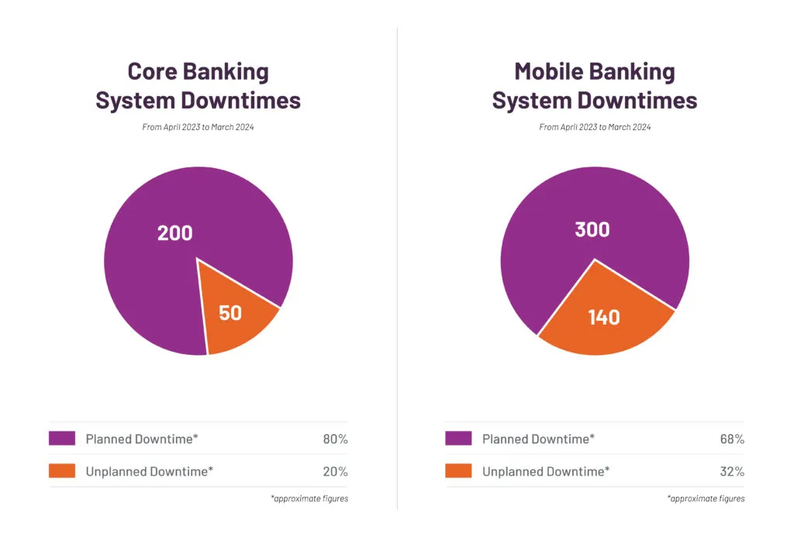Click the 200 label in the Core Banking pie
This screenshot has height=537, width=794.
coord(174,232)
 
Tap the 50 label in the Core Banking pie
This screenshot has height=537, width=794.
coord(230,313)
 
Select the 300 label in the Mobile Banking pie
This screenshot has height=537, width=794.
coord(592,229)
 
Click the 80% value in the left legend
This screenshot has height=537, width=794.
coord(335,439)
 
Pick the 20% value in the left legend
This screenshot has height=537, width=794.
coord(335,471)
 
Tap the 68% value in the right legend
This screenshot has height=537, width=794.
coord(732,439)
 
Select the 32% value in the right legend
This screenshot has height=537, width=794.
coord(732,471)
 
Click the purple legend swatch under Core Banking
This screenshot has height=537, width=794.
coord(62,439)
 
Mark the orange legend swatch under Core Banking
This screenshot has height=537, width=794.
coord(62,471)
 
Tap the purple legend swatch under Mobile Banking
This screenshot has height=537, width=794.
coord(458,439)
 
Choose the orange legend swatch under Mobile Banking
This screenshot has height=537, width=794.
coord(458,471)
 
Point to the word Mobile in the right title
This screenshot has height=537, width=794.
coord(551,72)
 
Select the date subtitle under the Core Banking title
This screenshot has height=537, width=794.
coord(198,127)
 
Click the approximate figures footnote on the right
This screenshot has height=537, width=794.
coord(706,498)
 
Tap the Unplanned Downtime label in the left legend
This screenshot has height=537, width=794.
coord(149,471)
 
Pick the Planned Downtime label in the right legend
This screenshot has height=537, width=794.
coord(538,439)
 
